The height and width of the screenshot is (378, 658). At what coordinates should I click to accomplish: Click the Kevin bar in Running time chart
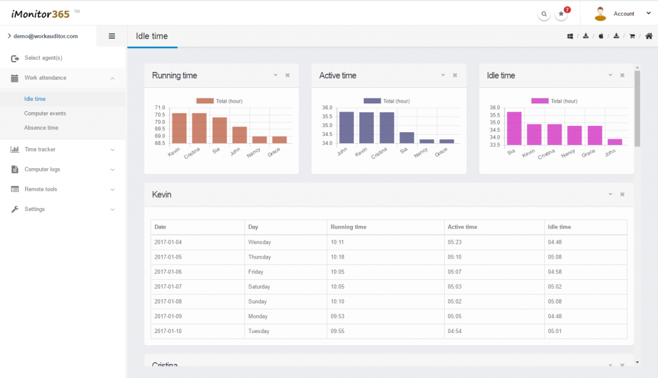179,128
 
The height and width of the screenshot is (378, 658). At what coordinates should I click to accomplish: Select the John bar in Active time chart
346,128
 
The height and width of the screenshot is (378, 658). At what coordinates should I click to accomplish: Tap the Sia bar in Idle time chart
514,128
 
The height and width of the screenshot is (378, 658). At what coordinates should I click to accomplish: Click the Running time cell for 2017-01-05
337,257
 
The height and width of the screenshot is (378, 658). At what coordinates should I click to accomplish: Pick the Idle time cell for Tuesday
555,331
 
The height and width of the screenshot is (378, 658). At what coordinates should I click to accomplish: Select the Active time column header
462,227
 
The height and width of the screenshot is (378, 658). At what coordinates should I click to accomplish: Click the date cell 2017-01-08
168,302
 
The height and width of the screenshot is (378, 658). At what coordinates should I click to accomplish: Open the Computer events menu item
45,113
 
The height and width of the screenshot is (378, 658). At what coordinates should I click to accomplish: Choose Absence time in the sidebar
41,128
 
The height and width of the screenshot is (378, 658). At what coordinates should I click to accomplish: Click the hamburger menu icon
112,36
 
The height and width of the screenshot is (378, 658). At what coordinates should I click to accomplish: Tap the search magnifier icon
544,14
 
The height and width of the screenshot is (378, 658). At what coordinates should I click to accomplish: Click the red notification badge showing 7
567,10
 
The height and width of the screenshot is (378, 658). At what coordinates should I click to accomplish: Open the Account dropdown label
623,14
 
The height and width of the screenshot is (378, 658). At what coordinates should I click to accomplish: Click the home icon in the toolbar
649,36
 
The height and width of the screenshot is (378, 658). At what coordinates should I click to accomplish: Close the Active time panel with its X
455,76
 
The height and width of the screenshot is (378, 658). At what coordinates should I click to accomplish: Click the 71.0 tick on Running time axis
160,107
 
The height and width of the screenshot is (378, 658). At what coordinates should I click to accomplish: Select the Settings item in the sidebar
35,209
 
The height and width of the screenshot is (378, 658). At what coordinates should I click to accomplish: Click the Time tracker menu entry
40,149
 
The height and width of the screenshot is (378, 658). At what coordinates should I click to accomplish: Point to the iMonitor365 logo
40,14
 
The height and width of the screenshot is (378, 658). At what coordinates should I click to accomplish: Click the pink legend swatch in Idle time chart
540,101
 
